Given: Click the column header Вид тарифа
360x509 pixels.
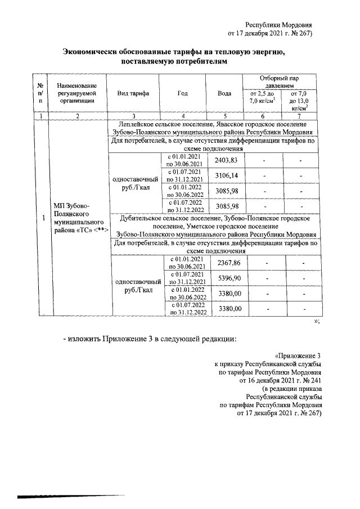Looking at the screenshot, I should click(133, 93).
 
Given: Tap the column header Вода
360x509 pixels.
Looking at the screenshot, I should click(223, 93).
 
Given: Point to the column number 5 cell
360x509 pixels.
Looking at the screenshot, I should click(223, 116).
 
